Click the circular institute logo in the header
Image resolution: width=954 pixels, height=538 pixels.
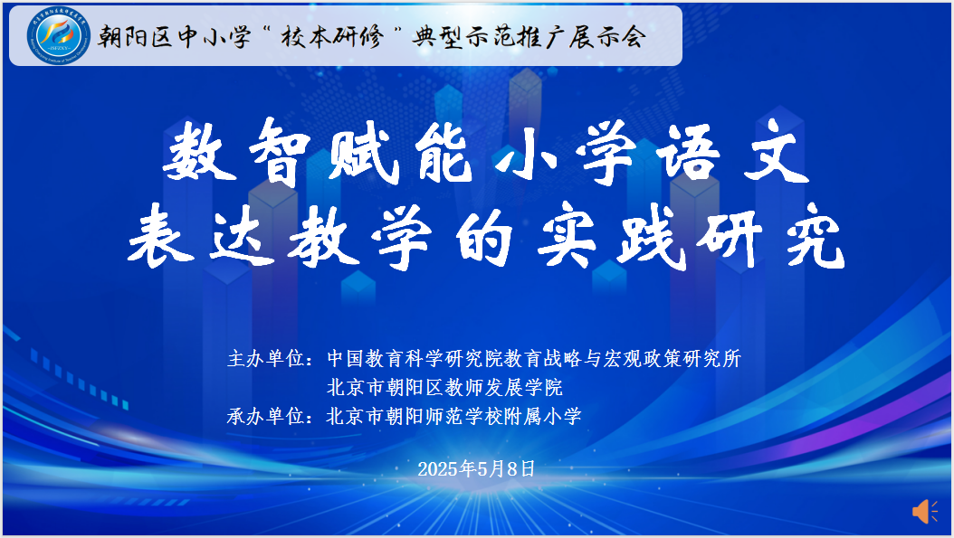click(59, 35)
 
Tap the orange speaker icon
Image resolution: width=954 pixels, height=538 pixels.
click(924, 511)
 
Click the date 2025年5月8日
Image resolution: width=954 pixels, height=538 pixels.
click(476, 468)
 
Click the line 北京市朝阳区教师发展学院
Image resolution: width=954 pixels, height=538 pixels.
click(444, 387)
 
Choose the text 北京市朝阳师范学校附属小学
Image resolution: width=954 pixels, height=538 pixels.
click(454, 417)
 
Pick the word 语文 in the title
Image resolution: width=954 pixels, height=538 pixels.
click(733, 151)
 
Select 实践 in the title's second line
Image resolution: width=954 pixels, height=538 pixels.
click(611, 236)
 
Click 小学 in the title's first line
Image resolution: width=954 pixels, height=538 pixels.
click(566, 151)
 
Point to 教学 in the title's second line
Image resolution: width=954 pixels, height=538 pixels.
click(359, 236)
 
